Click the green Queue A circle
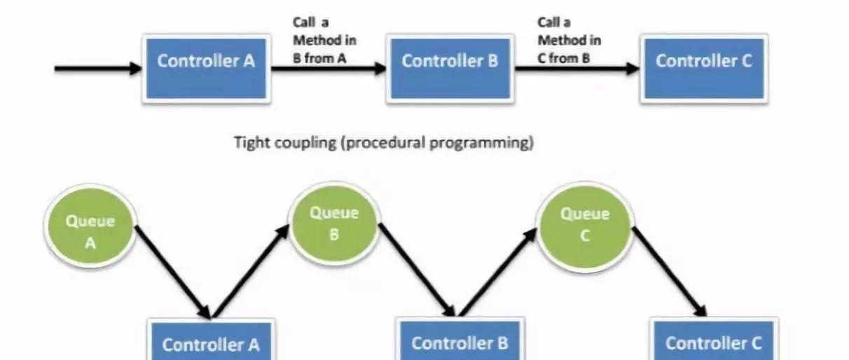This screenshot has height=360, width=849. [x=90, y=229]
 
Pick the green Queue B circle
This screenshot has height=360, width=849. [x=334, y=223]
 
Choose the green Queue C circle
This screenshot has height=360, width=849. [x=584, y=223]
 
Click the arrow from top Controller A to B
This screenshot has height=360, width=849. [x=328, y=69]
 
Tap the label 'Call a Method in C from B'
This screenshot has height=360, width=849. [x=569, y=41]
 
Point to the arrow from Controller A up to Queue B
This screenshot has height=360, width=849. [x=250, y=272]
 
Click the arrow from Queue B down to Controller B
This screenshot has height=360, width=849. [x=417, y=269]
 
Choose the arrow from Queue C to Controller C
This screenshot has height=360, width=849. [x=669, y=270]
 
